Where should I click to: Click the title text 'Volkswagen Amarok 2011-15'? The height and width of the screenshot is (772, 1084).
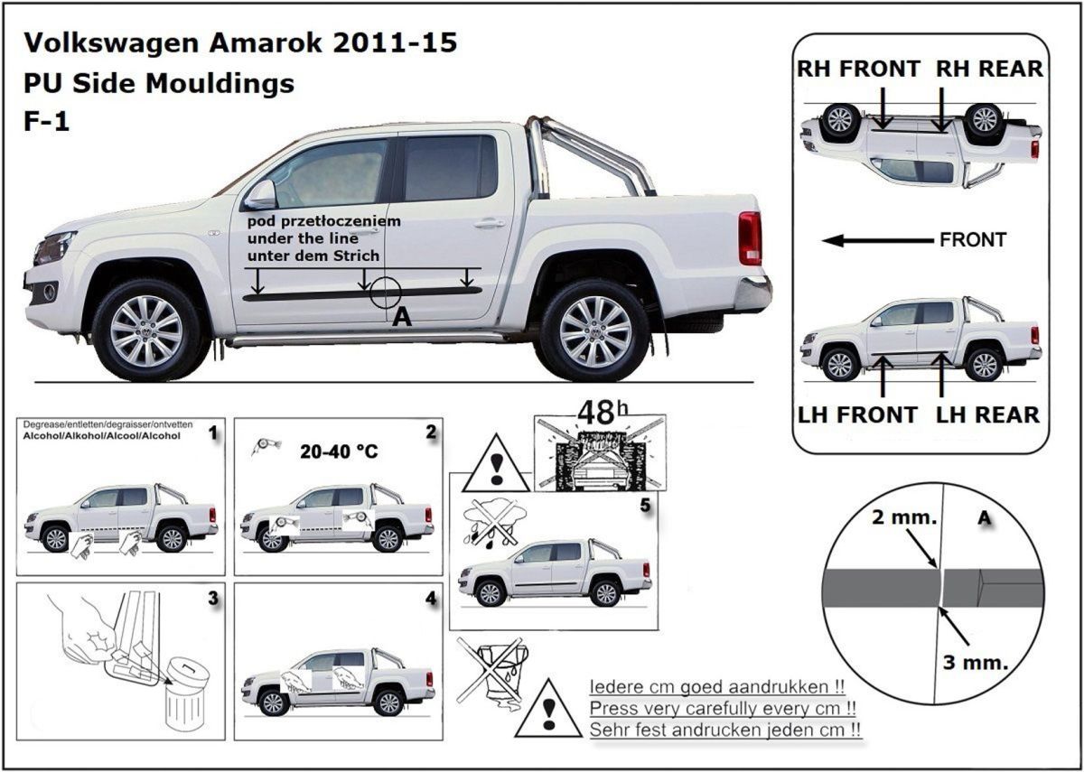point(239,42)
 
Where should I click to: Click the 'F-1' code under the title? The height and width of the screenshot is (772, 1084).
point(47,122)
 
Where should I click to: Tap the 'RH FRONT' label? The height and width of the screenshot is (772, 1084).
point(858,69)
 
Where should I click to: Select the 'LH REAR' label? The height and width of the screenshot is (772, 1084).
point(986,414)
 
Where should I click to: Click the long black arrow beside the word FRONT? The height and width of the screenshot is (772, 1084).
point(876,240)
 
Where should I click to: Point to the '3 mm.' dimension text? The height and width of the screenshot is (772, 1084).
point(975,662)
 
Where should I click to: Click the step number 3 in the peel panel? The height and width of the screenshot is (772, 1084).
point(212,598)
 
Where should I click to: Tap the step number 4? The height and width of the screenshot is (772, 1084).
point(430,598)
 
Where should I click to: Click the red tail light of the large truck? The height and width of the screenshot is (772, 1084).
point(750,237)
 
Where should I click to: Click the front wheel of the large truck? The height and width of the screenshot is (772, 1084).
point(146,330)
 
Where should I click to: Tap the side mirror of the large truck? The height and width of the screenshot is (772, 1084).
point(261,193)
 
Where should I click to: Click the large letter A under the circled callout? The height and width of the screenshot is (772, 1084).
point(403,316)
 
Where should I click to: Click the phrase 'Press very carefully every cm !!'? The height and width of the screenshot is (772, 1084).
point(723,708)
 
